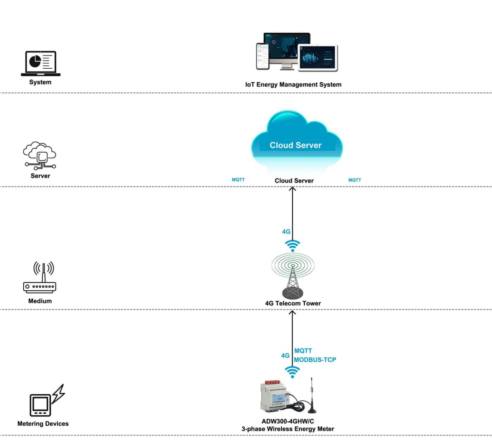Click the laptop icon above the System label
[40, 63]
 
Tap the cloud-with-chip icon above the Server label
[40, 156]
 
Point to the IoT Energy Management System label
[293, 85]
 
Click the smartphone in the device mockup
[263, 56]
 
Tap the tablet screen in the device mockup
[318, 58]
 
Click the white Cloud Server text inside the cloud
[296, 145]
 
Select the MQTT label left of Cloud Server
[238, 180]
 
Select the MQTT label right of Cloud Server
[355, 180]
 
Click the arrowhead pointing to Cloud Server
[292, 189]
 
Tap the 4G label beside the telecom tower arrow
[286, 232]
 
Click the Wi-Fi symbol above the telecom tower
[292, 246]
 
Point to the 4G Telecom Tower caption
[293, 303]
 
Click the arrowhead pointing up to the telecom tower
[292, 313]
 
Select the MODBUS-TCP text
[315, 360]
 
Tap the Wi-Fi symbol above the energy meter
[292, 372]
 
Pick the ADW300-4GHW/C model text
[288, 421]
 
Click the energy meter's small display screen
[280, 398]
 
